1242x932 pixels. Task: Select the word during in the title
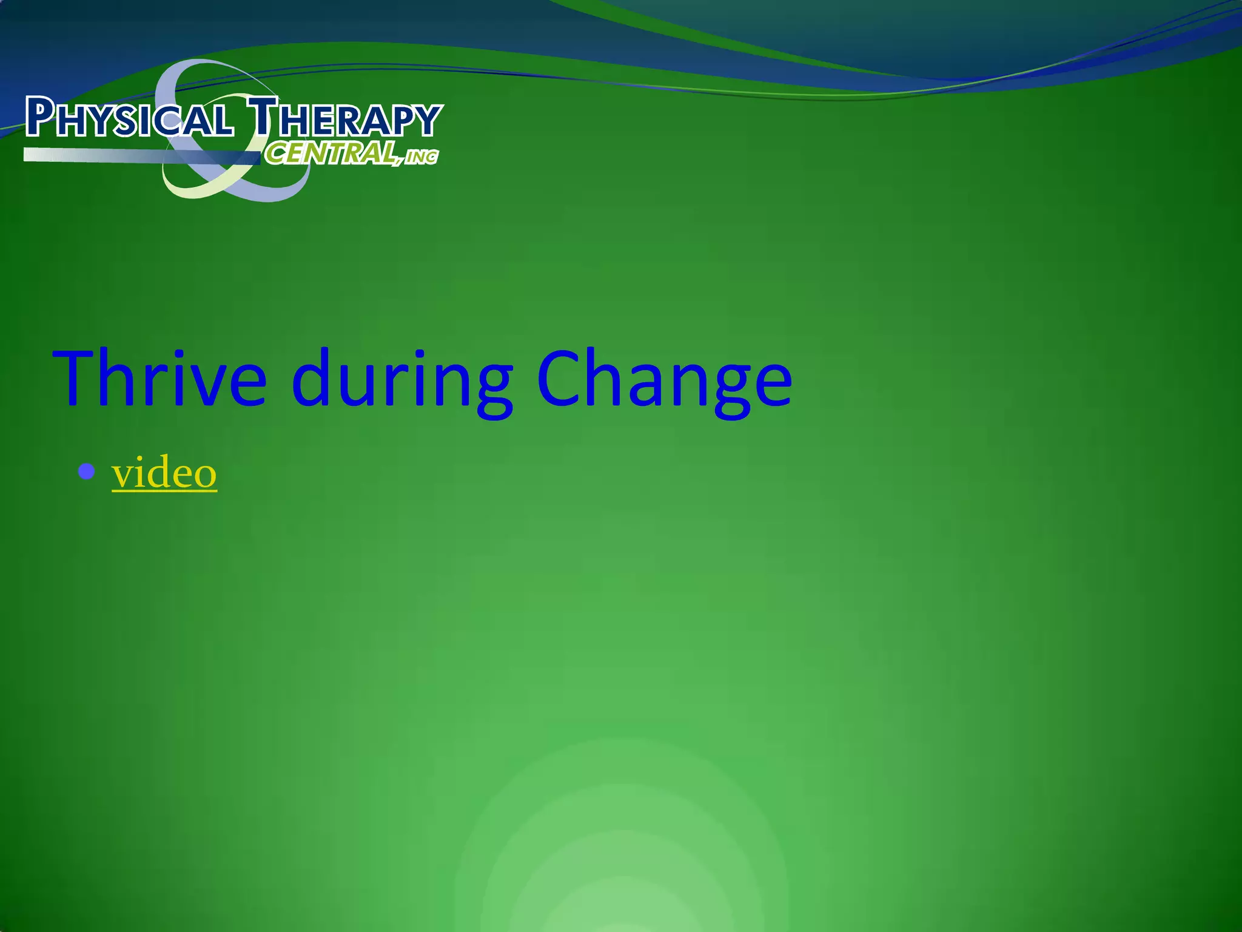pos(401,381)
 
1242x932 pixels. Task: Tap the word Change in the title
pos(664,381)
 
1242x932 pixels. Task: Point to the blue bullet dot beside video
pos(87,471)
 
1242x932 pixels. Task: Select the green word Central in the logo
pos(331,153)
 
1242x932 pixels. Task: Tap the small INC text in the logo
pos(421,157)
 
